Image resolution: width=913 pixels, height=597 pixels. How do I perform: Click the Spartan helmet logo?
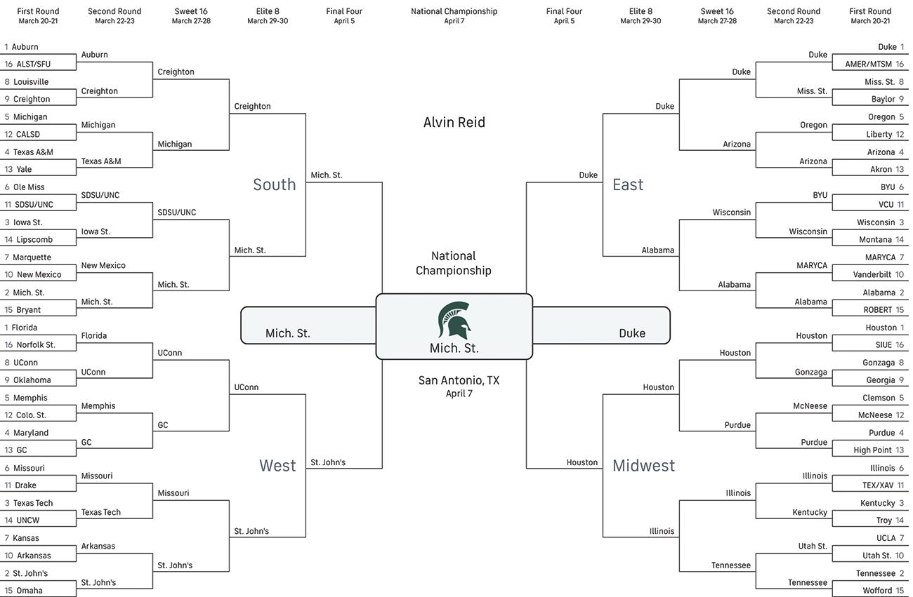pos(454,321)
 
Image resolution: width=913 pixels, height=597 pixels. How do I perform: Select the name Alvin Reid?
pos(454,122)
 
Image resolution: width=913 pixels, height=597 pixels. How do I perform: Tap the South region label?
pos(274,185)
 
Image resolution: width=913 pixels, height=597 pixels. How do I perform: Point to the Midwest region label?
pos(643,465)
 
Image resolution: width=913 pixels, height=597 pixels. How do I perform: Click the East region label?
pos(627,185)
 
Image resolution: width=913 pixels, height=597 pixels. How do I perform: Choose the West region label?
pos(277,465)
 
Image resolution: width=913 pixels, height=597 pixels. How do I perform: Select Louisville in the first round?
pos(31,82)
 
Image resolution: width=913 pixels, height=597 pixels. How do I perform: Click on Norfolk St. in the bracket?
pos(36,345)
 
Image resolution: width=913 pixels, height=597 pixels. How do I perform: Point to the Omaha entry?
pos(29,591)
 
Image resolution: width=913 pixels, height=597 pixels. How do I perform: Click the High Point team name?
pos(872,450)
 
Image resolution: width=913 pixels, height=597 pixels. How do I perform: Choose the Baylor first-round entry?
pos(883,100)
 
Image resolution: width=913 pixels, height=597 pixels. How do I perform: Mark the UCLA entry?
pos(886,538)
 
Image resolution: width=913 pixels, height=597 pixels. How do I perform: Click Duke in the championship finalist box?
pos(631,333)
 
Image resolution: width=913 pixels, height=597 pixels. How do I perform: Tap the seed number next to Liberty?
pos(900,135)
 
